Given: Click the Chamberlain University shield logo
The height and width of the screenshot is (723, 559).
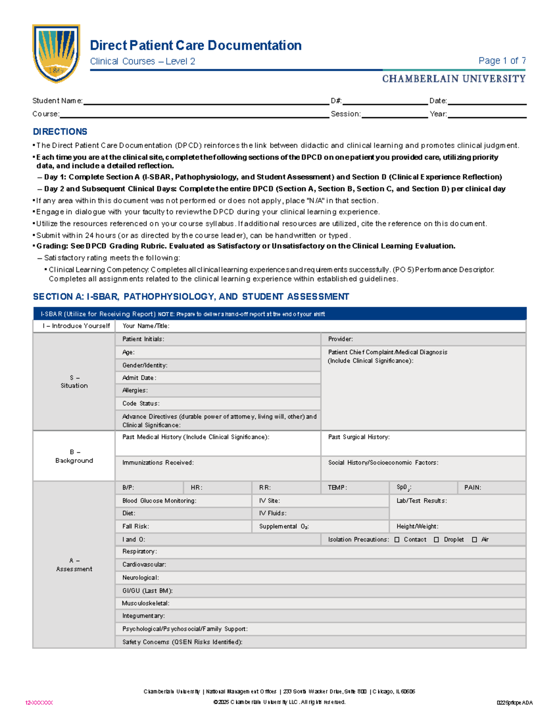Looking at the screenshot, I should pos(56,53).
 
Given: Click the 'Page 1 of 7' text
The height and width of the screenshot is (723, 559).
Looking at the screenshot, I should pos(502,61).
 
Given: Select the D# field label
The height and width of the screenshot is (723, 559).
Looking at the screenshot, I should pos(336,101).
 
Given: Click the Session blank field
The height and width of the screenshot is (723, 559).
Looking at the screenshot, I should pos(394,114).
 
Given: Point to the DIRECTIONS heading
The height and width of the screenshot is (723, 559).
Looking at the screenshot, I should pos(60,132).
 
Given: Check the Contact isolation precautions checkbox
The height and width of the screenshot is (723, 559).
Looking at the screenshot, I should pos(397,540).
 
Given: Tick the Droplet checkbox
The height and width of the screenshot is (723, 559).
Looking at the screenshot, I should pos(436,540).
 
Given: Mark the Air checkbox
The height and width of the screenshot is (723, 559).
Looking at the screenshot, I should pos(475,540).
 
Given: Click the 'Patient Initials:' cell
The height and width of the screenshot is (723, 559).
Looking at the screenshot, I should pos(218,339).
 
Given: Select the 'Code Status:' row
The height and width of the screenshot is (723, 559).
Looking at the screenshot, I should pos(218,403).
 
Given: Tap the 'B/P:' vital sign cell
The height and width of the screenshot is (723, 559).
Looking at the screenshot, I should pos(149,487).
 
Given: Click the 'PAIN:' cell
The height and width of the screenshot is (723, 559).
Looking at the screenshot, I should pos(491,487).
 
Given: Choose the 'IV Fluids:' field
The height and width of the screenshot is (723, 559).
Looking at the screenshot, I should pos(320,513).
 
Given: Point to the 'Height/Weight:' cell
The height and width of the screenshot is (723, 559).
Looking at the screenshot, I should pos(457,526).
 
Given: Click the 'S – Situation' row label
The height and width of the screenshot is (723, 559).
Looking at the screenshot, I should pos(74,382).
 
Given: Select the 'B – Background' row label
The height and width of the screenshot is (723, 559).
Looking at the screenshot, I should pos(74,456).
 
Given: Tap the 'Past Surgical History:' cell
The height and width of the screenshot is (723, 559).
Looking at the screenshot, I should pos(423,443).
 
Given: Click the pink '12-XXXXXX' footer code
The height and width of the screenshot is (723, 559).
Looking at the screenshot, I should pos(39,703).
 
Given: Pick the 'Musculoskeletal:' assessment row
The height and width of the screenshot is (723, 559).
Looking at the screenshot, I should pos(320,603).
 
